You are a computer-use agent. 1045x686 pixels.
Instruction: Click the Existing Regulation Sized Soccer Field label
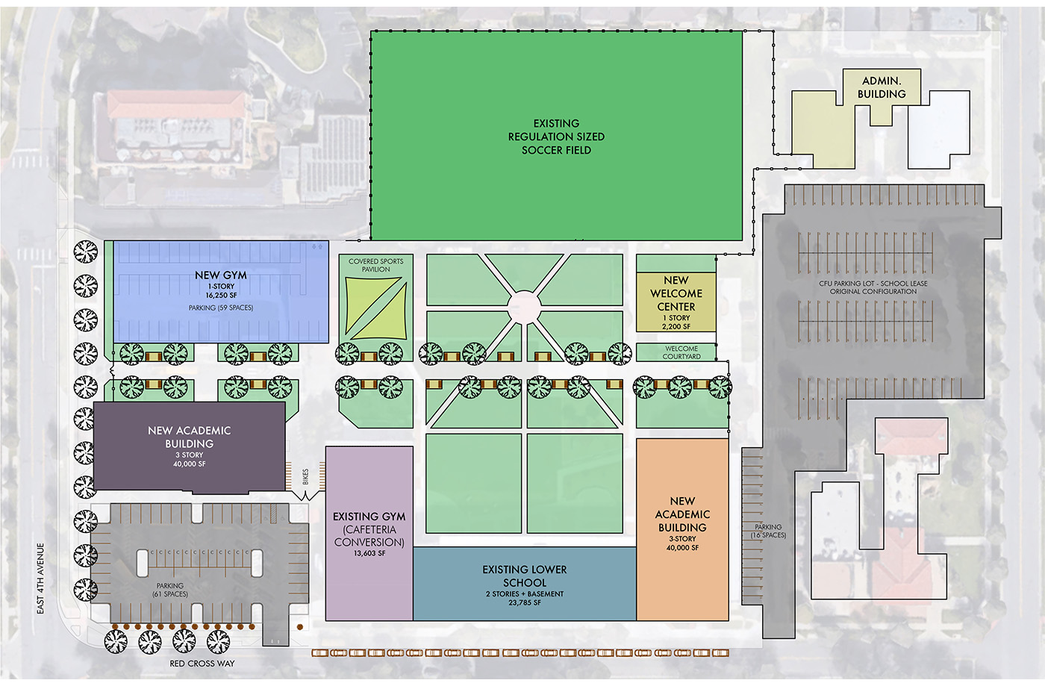click(556, 137)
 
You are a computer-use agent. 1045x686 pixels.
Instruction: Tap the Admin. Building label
click(882, 87)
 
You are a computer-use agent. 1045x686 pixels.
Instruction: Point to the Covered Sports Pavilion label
click(376, 265)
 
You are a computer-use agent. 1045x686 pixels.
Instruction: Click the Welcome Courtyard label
click(681, 352)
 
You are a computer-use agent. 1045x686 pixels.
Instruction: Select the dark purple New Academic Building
click(189, 446)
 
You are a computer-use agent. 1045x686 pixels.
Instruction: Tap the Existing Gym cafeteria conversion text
click(369, 530)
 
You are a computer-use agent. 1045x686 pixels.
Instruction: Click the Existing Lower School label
click(525, 576)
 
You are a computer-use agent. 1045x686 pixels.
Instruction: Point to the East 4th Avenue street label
click(41, 579)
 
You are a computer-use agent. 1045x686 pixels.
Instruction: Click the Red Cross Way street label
click(202, 664)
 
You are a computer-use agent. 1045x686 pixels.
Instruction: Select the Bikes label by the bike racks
click(305, 477)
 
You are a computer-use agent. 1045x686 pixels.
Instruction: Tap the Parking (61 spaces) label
click(170, 590)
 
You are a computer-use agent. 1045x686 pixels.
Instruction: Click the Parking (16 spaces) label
click(768, 531)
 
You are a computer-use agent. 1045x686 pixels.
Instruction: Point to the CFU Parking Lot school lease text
click(873, 287)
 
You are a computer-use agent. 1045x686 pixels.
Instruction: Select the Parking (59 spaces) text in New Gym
click(221, 308)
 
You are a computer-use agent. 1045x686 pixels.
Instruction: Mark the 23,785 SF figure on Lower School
click(525, 603)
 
